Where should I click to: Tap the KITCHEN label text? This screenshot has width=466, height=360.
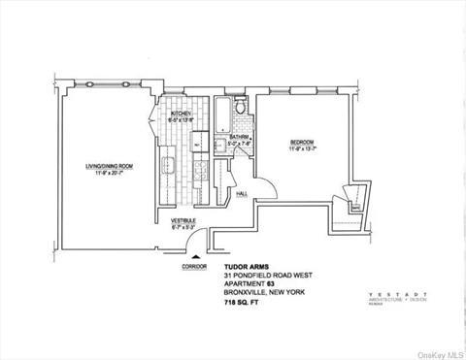(182, 114)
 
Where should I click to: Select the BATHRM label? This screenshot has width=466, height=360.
(240, 137)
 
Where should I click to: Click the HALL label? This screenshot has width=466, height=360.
(243, 193)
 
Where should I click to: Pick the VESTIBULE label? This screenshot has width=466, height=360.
(183, 221)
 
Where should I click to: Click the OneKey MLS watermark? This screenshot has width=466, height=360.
(439, 352)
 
